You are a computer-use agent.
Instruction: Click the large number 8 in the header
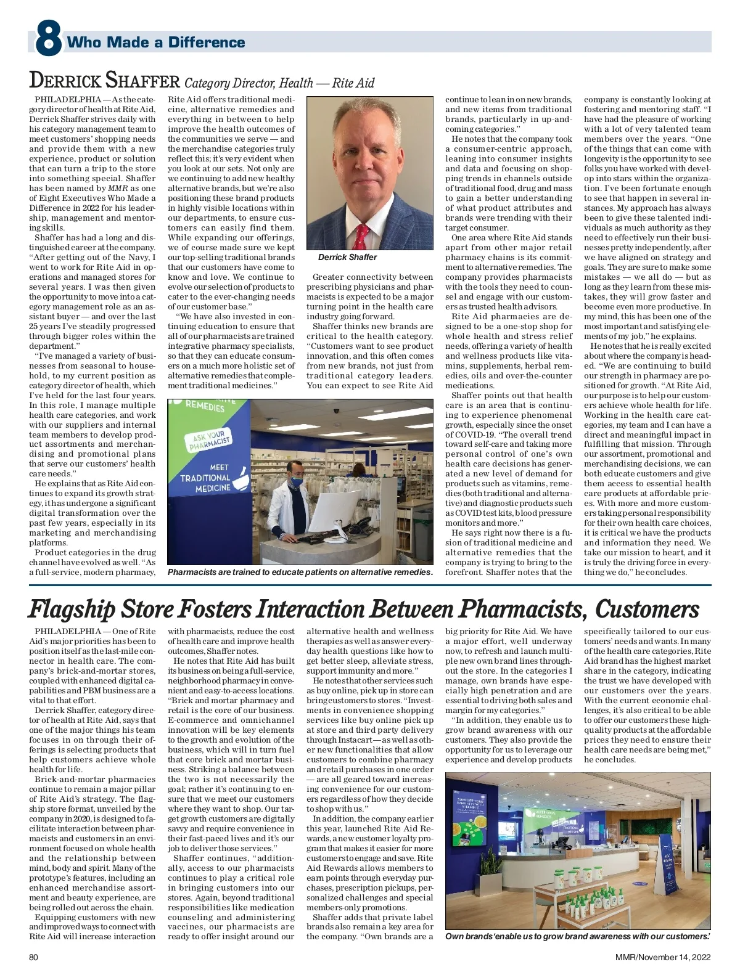point(48,40)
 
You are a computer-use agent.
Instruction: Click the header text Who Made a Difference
point(155,42)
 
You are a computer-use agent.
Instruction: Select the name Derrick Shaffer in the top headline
point(105,81)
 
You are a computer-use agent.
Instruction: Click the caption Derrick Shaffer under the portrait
point(347,257)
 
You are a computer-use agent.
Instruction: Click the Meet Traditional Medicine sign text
point(205,478)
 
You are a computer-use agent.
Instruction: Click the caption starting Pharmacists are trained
point(300,572)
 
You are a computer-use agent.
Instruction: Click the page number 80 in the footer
point(34,957)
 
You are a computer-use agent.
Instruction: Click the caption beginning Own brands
point(577,936)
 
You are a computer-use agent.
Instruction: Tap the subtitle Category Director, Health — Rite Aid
point(279,83)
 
